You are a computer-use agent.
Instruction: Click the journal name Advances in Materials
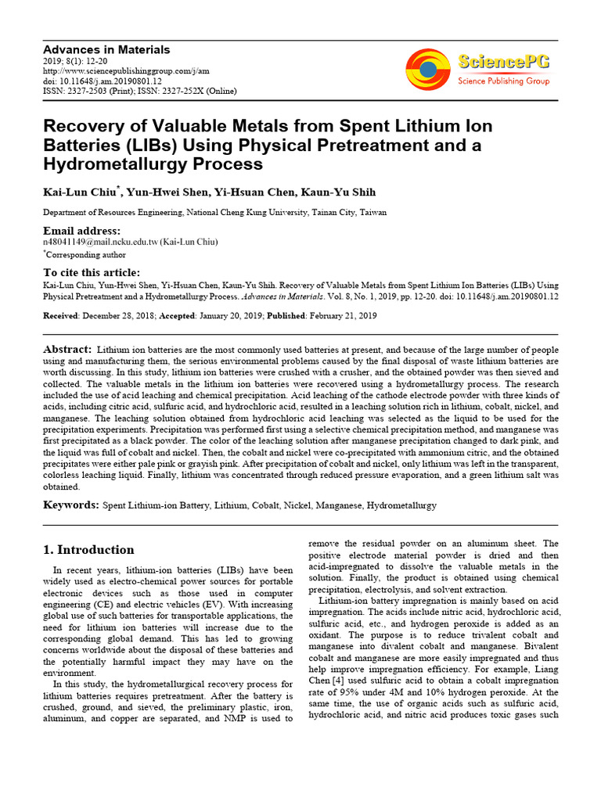[106, 49]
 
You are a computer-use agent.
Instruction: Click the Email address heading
[81, 231]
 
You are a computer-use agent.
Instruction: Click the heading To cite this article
[92, 272]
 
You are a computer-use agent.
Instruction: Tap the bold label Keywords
[70, 505]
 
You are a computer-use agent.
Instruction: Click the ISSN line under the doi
[139, 92]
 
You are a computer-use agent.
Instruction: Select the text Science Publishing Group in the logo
[503, 81]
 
